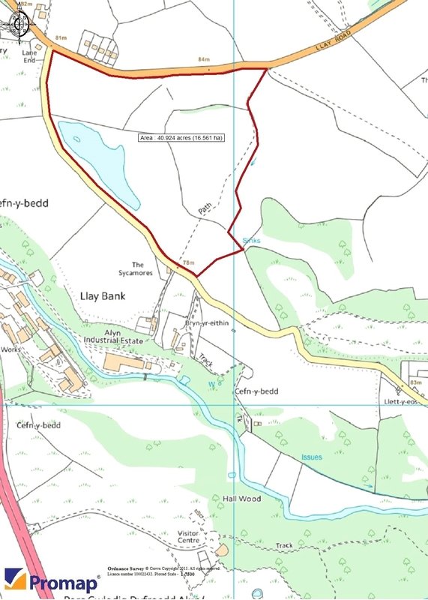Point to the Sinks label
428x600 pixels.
(x=251, y=241)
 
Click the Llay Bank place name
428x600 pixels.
(x=103, y=296)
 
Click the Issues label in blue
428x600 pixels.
(x=312, y=457)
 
